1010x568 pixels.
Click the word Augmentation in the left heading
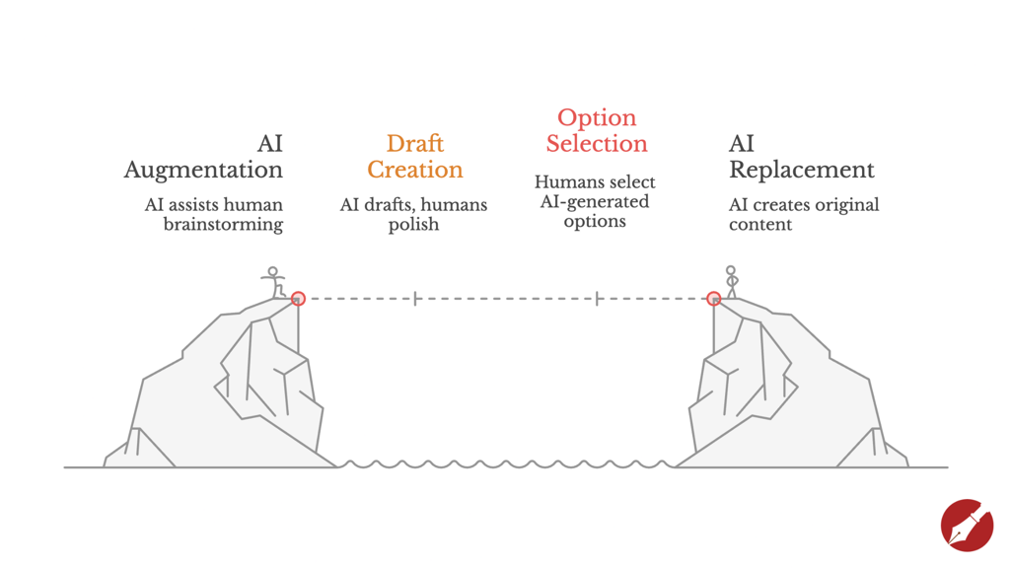(203, 171)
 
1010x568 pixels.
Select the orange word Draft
(414, 144)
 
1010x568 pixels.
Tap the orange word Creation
(414, 170)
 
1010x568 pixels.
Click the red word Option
(597, 118)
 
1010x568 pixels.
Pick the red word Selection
(597, 144)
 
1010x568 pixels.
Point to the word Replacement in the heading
(801, 171)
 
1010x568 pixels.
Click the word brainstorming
(223, 225)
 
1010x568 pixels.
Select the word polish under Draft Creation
(413, 225)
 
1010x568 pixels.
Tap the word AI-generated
(595, 202)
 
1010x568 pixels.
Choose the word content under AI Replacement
(760, 225)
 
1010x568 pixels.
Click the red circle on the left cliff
(298, 298)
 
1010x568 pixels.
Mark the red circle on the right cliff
(713, 298)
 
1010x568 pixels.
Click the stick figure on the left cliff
(273, 282)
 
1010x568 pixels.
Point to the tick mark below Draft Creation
(415, 298)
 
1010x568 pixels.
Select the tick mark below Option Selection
(597, 298)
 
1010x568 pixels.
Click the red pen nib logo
(967, 525)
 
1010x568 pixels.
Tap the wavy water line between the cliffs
(505, 463)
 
